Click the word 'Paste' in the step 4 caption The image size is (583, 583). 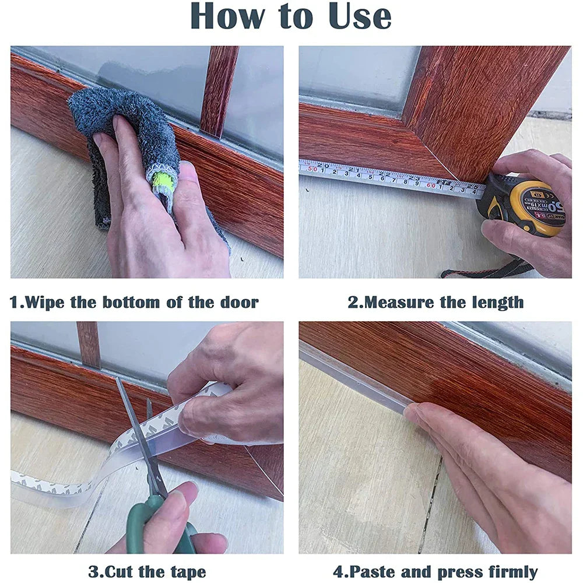tap(374, 572)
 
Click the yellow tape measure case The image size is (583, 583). tap(525, 207)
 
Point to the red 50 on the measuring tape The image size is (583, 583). tap(312, 168)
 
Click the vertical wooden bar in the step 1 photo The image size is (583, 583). tap(219, 87)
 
